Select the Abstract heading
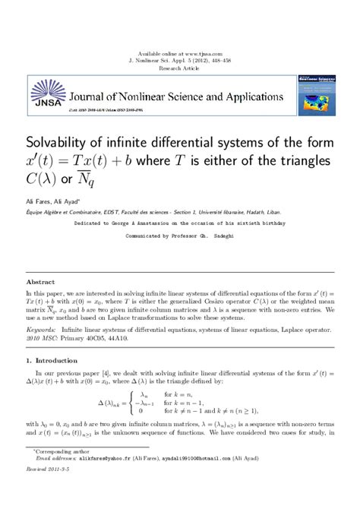(x=40, y=282)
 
